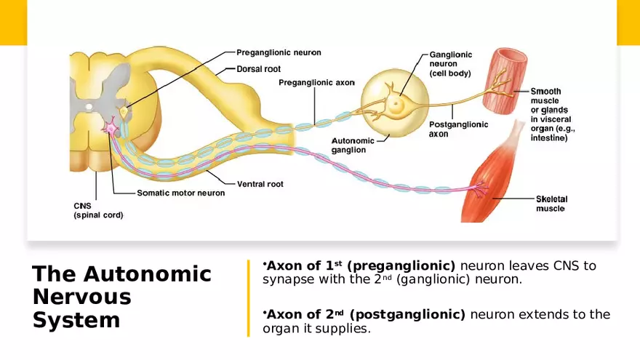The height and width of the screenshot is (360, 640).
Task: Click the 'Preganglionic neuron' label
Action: click(x=279, y=52)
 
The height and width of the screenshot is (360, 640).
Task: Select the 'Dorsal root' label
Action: click(x=258, y=69)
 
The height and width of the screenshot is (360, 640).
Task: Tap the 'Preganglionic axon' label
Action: click(x=316, y=83)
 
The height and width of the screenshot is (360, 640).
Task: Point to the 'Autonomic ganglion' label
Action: click(x=353, y=145)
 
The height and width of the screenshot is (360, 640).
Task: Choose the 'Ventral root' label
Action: click(x=260, y=184)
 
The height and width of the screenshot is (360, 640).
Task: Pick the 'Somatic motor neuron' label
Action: click(x=181, y=193)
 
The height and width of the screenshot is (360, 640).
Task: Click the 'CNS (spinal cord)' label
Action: click(x=98, y=210)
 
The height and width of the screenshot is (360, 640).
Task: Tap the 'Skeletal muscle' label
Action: click(x=551, y=204)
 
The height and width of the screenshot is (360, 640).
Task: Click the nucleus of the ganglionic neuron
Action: click(x=396, y=104)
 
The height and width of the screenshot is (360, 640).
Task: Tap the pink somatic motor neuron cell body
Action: click(x=111, y=129)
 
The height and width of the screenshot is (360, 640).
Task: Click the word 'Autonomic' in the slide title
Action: click(x=148, y=274)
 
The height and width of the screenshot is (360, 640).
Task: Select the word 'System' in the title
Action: click(x=76, y=321)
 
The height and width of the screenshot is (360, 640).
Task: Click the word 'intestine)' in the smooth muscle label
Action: click(x=549, y=137)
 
